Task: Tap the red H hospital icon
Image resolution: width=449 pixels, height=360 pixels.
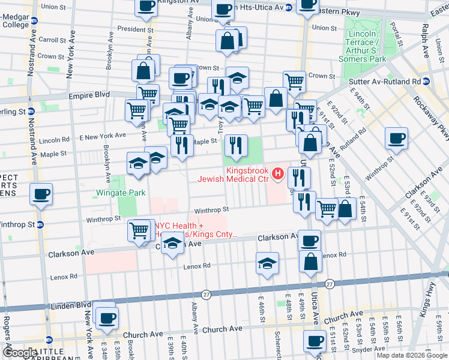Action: (277, 174)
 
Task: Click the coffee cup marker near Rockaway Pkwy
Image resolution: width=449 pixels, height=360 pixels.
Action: (396, 139)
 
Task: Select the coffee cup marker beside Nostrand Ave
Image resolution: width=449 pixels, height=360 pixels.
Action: (41, 194)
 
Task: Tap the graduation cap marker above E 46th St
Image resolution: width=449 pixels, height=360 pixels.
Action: (267, 263)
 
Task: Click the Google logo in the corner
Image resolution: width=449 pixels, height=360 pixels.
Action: (19, 353)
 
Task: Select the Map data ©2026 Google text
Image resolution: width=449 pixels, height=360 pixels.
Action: (411, 355)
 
